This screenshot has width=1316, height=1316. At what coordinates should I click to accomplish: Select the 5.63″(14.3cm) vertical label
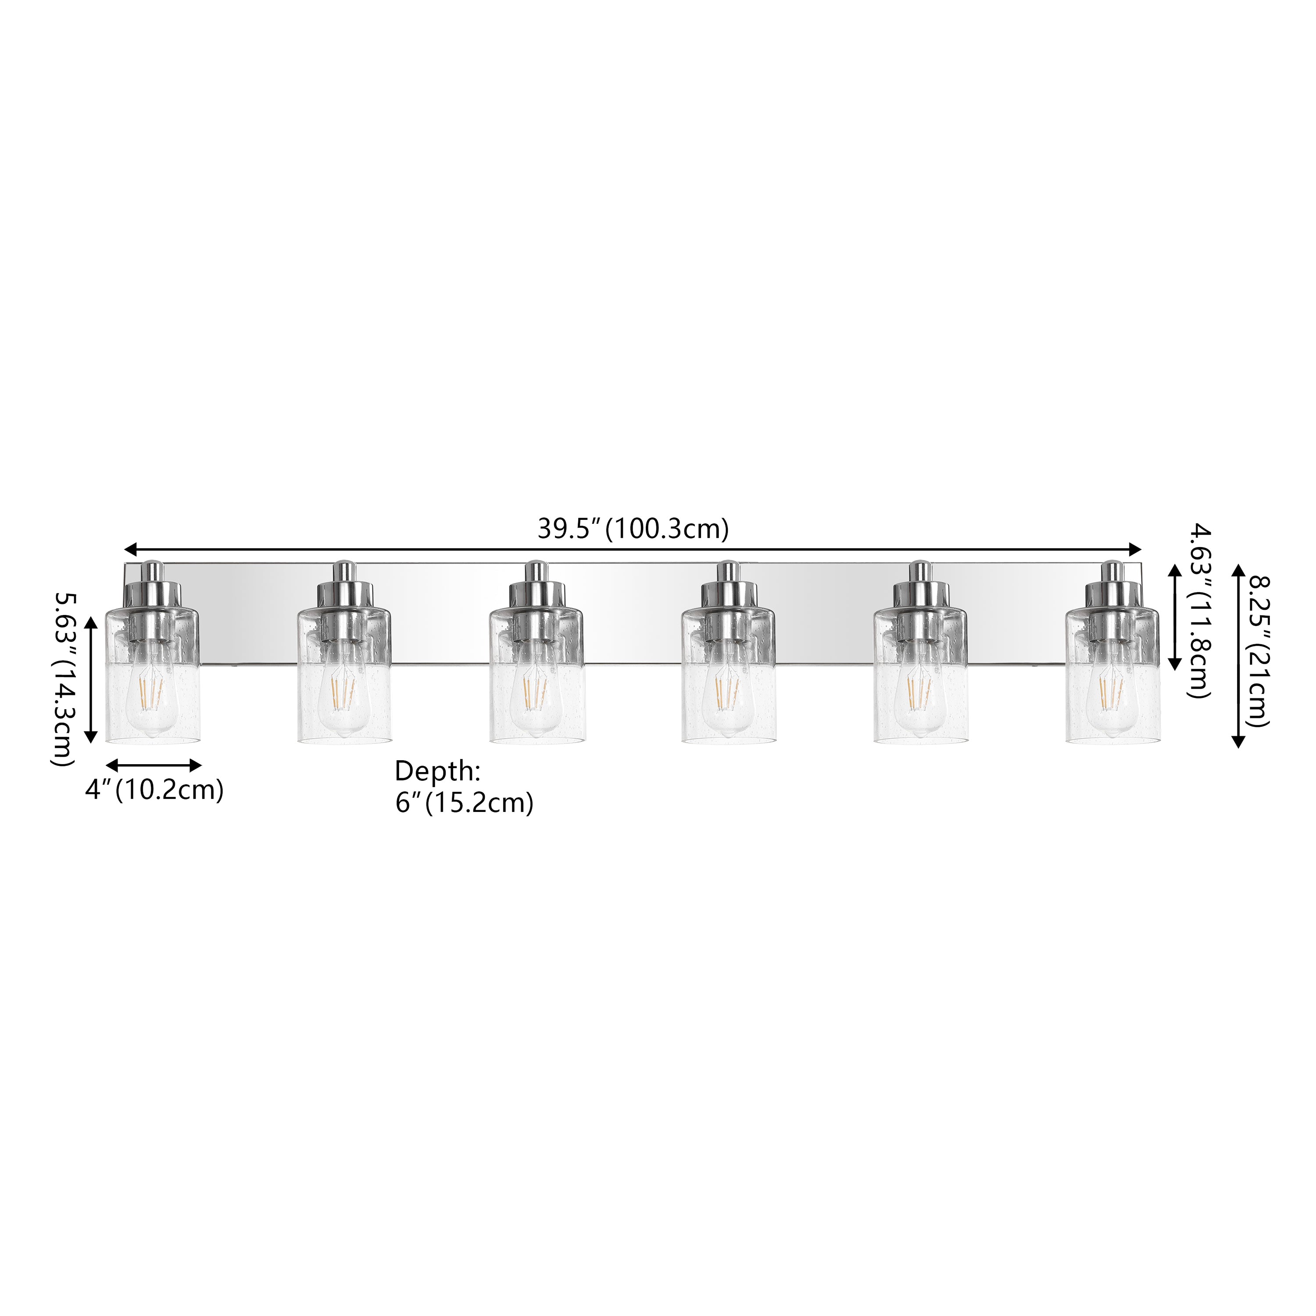(x=65, y=669)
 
